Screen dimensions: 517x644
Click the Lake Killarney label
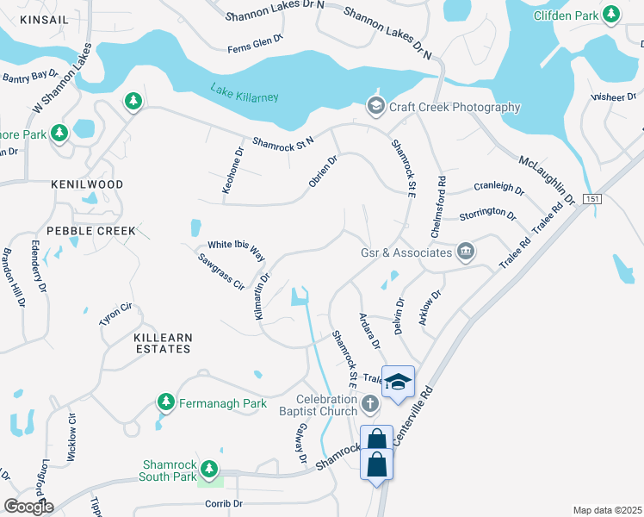(245, 92)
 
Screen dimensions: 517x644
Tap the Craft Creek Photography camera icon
(375, 107)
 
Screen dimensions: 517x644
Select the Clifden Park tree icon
(611, 14)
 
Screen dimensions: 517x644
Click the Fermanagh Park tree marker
(166, 402)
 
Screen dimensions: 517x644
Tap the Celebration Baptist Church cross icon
(369, 403)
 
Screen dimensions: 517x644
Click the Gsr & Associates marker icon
(466, 252)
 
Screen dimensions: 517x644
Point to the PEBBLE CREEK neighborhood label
(91, 231)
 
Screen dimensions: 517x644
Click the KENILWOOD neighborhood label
(86, 184)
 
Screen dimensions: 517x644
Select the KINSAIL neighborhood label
(42, 18)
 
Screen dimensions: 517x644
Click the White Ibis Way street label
(235, 250)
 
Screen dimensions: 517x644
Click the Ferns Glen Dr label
(256, 49)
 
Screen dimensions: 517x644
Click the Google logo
(28, 507)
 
